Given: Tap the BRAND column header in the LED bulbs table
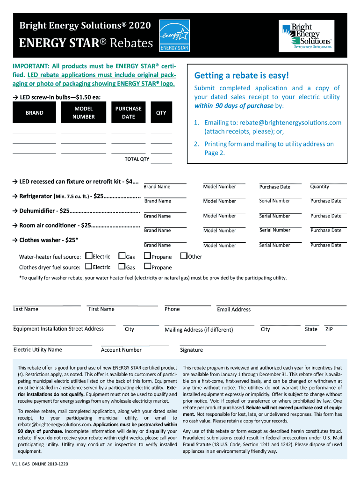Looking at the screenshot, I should click(x=34, y=113).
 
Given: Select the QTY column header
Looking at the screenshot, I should click(x=161, y=113).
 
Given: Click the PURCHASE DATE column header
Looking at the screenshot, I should click(x=128, y=113).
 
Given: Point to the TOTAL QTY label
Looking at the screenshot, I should click(x=137, y=159).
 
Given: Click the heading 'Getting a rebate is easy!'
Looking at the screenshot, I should click(x=242, y=75).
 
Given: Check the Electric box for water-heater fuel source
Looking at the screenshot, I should click(x=89, y=256).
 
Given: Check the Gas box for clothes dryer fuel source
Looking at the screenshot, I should click(x=122, y=267).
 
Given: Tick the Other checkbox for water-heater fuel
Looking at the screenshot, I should click(x=184, y=256).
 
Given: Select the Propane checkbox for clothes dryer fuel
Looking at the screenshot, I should click(x=147, y=267).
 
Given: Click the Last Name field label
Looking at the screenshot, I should click(x=26, y=309).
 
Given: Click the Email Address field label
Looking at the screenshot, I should click(x=234, y=310).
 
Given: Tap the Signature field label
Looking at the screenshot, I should click(x=191, y=350).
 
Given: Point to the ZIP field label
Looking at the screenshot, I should click(x=329, y=329).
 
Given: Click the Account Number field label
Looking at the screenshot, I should click(x=121, y=350).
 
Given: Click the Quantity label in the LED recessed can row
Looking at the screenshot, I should click(x=319, y=187).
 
